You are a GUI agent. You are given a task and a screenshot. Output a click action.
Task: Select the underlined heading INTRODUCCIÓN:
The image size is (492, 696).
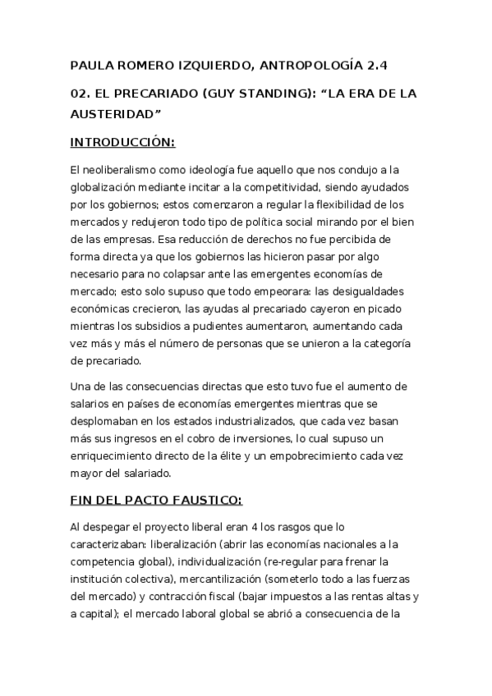(122, 142)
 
